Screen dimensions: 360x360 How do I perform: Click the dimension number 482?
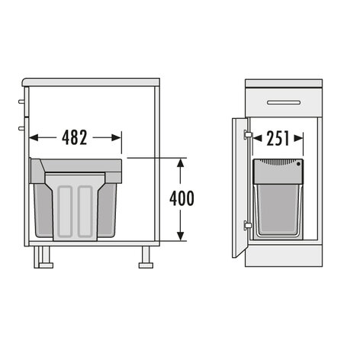75,137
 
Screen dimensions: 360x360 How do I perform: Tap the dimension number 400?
182,198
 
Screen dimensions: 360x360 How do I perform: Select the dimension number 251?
278,139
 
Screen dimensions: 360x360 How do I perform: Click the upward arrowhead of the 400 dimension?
181,162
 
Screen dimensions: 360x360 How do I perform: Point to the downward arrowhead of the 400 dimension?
181,236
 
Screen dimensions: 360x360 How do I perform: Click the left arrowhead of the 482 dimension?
34,138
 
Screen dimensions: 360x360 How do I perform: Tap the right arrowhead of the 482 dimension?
116,138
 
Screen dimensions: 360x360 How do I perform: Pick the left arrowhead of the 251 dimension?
258,139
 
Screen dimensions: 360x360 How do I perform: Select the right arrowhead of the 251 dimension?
298,139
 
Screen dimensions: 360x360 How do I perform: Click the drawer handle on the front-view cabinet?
284,102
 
